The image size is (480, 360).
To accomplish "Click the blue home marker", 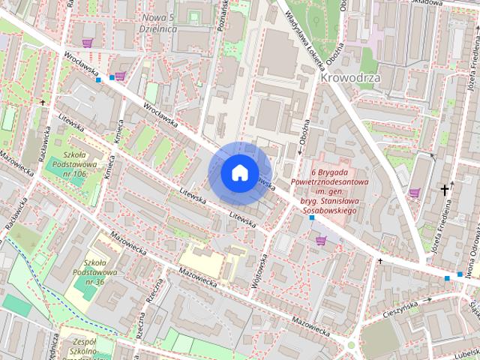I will (239, 172).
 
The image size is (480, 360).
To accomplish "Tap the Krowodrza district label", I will (349, 77).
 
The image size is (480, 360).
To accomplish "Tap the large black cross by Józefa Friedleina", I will (445, 190).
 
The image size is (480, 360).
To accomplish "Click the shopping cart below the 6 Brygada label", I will (322, 240).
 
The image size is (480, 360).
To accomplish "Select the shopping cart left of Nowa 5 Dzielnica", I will (88, 43).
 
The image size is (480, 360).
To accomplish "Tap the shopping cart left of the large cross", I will (414, 193).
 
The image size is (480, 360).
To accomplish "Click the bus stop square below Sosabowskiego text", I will (312, 217).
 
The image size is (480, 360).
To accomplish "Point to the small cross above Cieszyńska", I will (380, 262).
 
